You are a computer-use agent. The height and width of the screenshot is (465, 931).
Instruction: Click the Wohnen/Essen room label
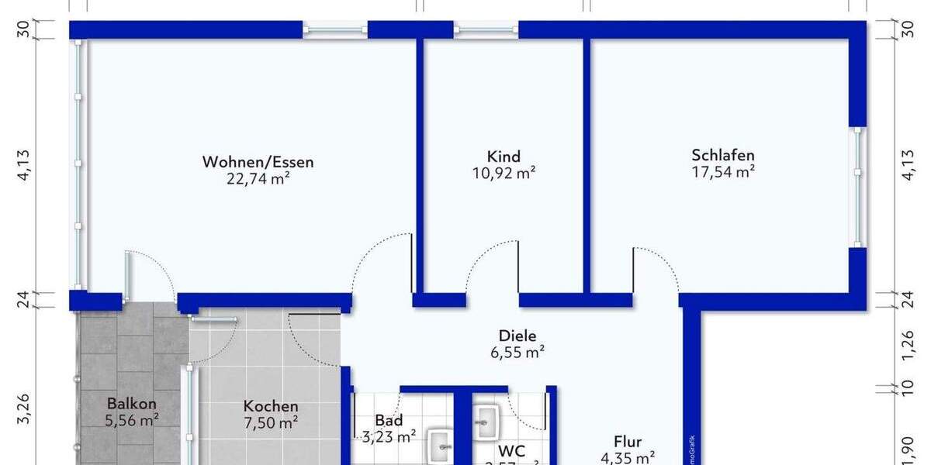pyautogui.click(x=258, y=162)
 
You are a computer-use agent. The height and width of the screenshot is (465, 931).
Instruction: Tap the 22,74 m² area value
pyautogui.click(x=258, y=179)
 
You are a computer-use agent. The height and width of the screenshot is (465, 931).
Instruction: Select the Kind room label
pyautogui.click(x=504, y=157)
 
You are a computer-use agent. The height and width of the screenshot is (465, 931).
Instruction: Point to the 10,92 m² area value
pyautogui.click(x=504, y=174)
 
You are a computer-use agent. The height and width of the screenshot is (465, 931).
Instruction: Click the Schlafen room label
pyautogui.click(x=723, y=155)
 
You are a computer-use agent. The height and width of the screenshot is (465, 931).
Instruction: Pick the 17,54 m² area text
pyautogui.click(x=723, y=172)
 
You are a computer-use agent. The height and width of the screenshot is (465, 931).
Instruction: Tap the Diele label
pyautogui.click(x=517, y=336)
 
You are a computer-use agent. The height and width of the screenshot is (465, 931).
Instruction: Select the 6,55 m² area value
pyautogui.click(x=517, y=353)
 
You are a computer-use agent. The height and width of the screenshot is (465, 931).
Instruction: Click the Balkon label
pyautogui.click(x=132, y=403)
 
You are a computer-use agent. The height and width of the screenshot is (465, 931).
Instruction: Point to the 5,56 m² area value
pyautogui.click(x=132, y=420)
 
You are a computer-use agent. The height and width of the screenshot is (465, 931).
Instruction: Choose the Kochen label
pyautogui.click(x=271, y=406)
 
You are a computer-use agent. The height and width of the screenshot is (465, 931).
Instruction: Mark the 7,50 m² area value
pyautogui.click(x=271, y=423)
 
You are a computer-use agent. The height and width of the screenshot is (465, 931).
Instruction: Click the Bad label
pyautogui.click(x=389, y=420)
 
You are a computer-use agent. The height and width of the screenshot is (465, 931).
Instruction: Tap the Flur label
pyautogui.click(x=627, y=442)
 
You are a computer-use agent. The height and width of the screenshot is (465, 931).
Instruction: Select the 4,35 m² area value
pyautogui.click(x=627, y=457)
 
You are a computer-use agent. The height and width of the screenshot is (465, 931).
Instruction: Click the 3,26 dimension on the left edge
pyautogui.click(x=23, y=409)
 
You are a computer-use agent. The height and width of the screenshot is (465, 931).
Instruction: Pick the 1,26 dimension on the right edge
pyautogui.click(x=908, y=341)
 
